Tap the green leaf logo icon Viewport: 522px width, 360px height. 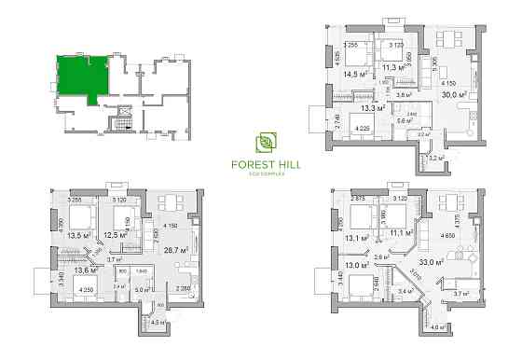tap(266, 144)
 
